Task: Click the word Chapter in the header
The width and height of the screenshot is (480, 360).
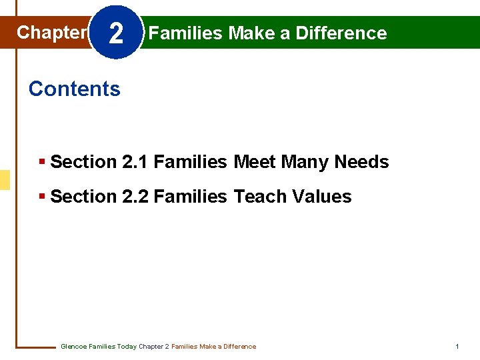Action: (52, 32)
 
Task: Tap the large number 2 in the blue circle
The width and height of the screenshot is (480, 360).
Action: (115, 33)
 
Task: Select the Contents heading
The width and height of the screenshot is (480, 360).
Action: (75, 89)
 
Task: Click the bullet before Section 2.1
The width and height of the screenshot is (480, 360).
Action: (43, 162)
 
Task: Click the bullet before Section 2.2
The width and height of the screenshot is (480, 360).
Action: (43, 197)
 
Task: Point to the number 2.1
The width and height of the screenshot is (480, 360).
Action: (136, 162)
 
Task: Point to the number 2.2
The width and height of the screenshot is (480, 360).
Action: (136, 197)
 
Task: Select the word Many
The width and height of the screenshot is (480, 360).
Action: (305, 162)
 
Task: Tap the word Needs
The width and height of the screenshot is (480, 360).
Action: (361, 162)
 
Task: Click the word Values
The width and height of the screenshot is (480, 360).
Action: (322, 197)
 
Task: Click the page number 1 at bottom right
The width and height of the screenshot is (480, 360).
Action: (457, 347)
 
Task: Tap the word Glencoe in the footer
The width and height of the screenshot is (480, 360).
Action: (73, 347)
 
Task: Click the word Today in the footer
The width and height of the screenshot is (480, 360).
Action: (127, 347)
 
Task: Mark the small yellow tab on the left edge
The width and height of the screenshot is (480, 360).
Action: (5, 180)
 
